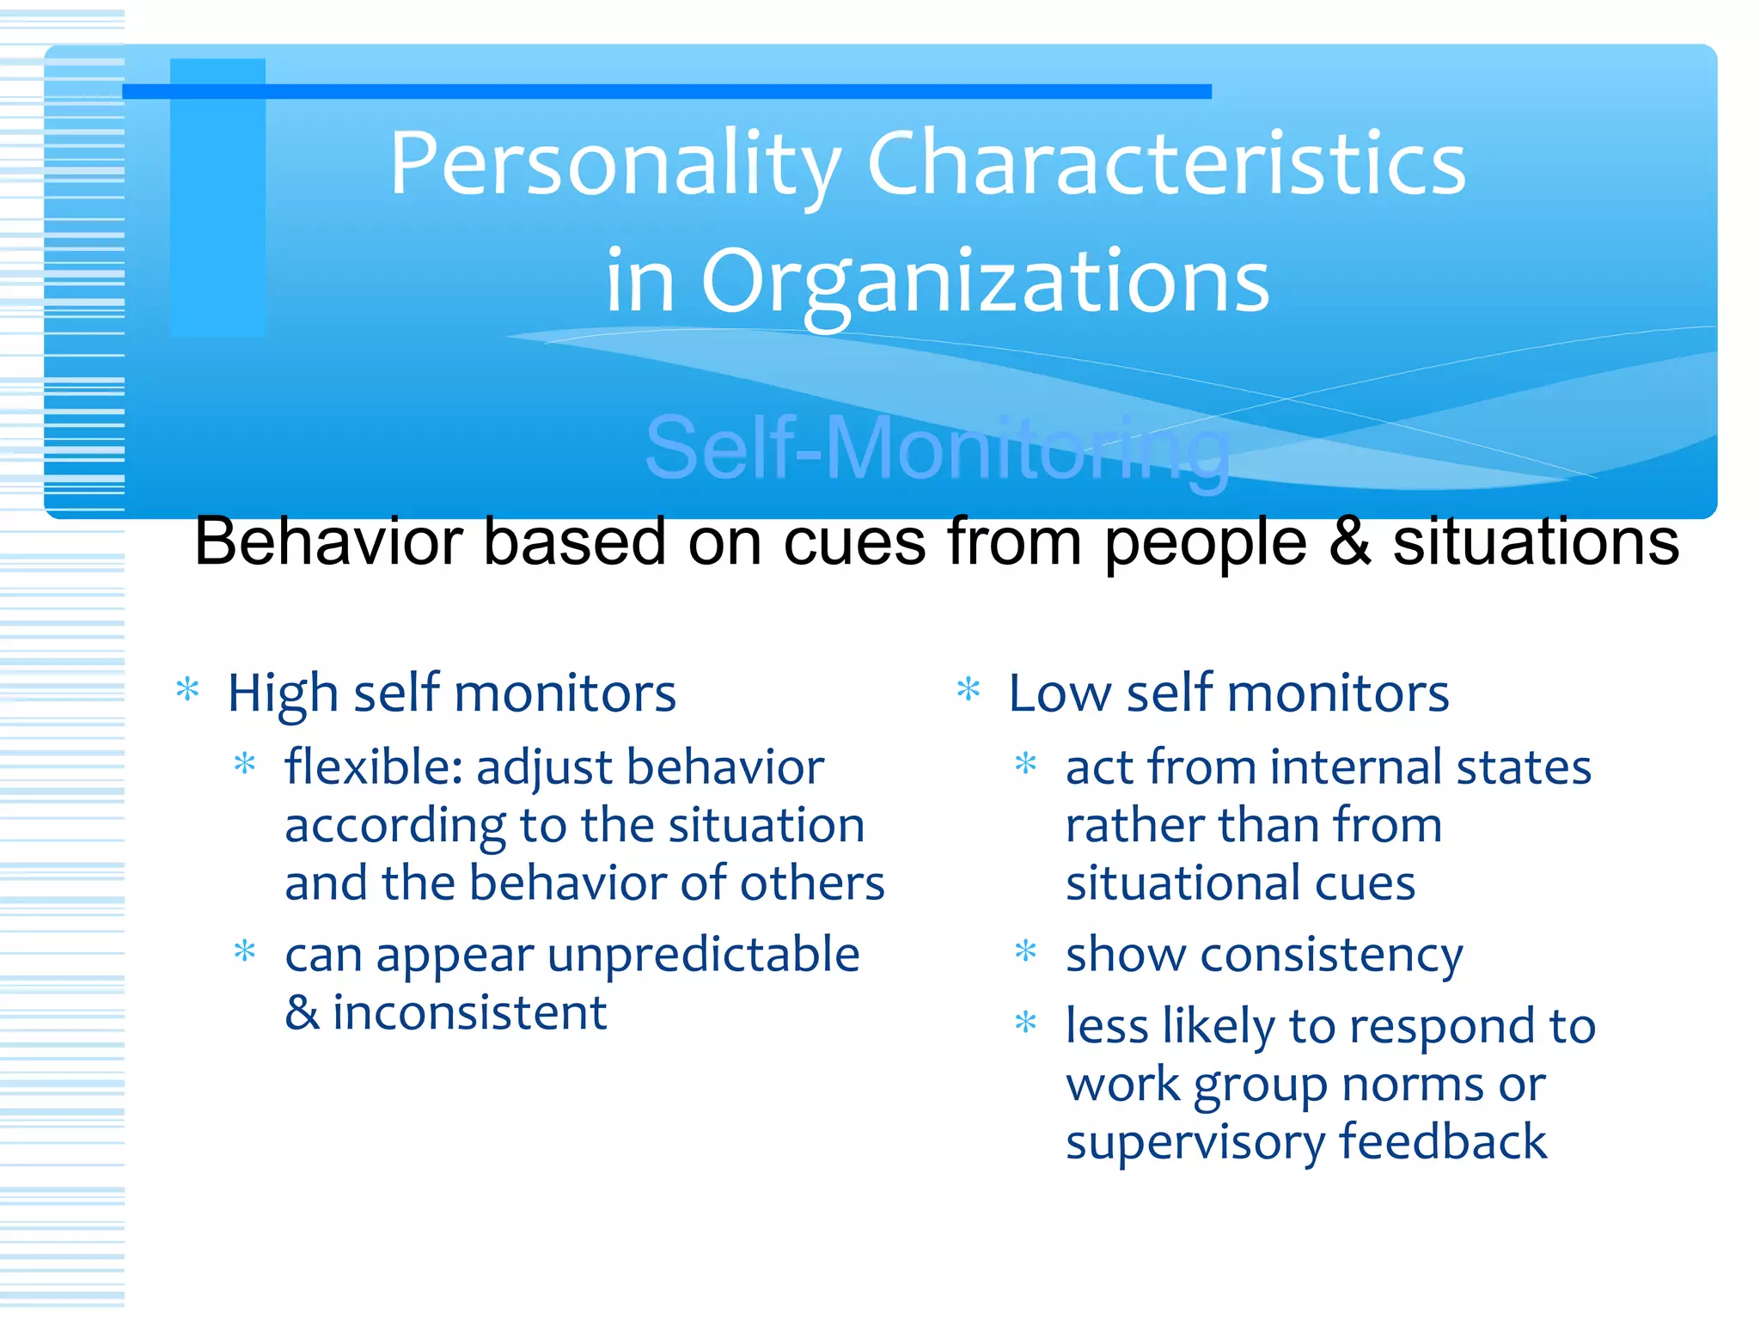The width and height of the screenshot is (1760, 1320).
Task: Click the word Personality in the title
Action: pyautogui.click(x=615, y=163)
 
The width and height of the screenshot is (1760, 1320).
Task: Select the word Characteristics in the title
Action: pyautogui.click(x=1166, y=163)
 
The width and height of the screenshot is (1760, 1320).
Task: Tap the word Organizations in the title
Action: pyautogui.click(x=985, y=282)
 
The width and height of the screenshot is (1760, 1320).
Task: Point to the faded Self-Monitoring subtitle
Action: pyautogui.click(x=937, y=449)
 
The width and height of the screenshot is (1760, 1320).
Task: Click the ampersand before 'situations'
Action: pyautogui.click(x=1349, y=541)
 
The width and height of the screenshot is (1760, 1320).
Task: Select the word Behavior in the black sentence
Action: pyautogui.click(x=328, y=541)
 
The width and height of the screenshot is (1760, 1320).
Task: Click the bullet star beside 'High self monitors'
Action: pyautogui.click(x=187, y=689)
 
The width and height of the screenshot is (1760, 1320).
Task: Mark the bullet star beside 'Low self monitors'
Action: pyautogui.click(x=969, y=689)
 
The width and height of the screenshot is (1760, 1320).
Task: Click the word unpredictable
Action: pyautogui.click(x=704, y=954)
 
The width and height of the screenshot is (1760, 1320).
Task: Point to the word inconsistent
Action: pyautogui.click(x=470, y=1012)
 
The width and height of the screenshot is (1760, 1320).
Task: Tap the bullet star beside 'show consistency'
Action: pyautogui.click(x=1026, y=951)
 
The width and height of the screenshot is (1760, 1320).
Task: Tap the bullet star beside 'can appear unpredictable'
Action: pyautogui.click(x=245, y=951)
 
